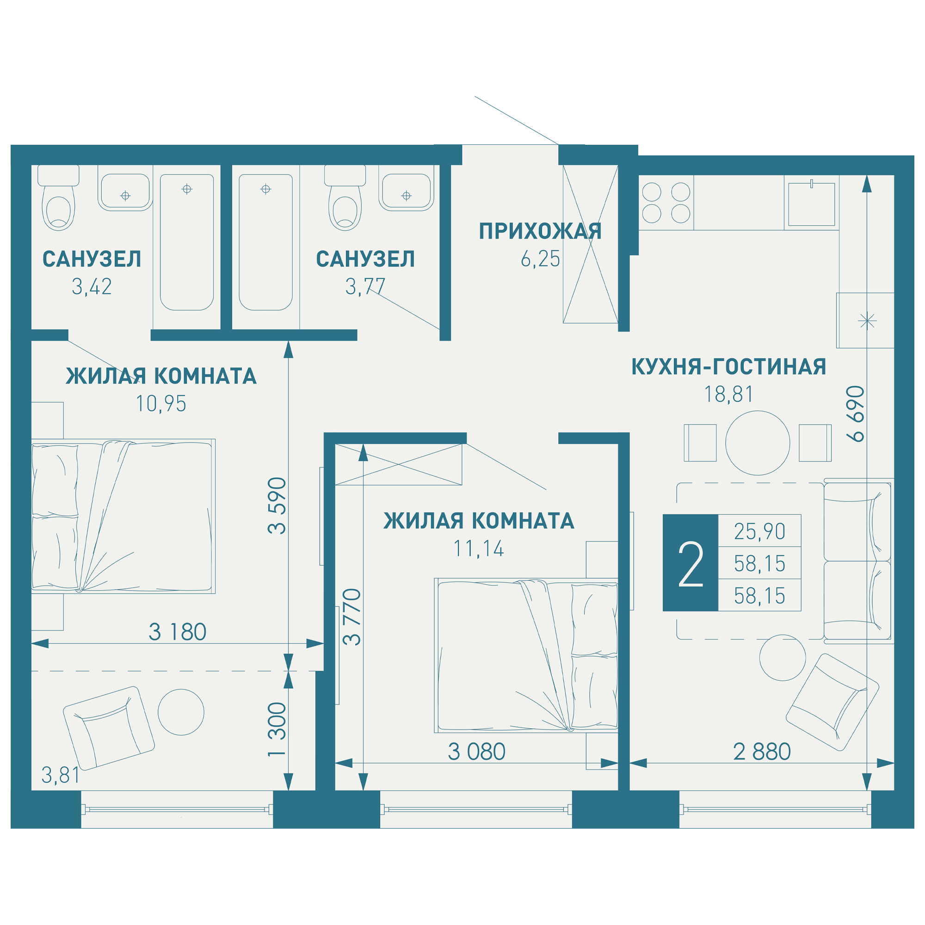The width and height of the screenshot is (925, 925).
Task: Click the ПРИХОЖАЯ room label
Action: point(541,232)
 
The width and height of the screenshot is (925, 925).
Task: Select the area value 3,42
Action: point(92,287)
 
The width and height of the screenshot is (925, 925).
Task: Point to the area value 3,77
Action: point(365,287)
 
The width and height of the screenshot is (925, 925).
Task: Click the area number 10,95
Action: point(161,404)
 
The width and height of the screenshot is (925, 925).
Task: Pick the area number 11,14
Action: point(479,549)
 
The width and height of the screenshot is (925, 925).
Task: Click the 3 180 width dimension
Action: point(177,632)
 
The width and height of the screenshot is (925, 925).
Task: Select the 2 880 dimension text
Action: point(762,752)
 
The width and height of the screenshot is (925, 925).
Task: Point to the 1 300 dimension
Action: point(277,730)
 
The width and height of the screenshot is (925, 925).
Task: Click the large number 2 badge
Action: point(691,563)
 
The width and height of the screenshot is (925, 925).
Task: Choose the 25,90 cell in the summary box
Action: point(759,531)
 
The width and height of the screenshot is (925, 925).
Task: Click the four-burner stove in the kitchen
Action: point(666,203)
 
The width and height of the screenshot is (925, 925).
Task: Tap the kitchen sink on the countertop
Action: point(812,204)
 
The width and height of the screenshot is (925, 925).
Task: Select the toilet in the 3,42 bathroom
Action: point(58,198)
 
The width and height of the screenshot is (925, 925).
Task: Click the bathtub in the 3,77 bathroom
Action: point(266,242)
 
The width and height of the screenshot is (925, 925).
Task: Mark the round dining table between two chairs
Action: point(758,443)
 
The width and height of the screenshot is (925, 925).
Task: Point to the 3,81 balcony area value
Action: point(60,775)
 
